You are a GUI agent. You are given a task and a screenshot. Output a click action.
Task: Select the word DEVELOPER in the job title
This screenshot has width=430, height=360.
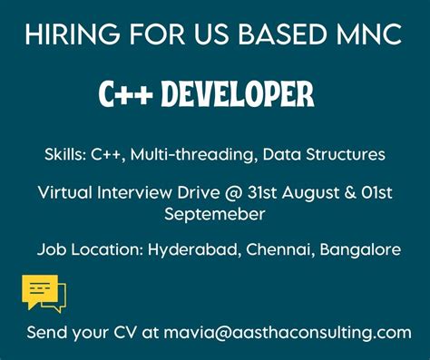pyautogui.click(x=241, y=92)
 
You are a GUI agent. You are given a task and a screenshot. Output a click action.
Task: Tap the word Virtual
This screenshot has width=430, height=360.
pyautogui.click(x=66, y=192)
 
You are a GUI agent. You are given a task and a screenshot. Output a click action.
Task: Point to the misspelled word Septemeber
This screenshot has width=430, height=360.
pyautogui.click(x=214, y=214)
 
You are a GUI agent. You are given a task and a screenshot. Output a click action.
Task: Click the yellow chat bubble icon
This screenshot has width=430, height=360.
pyautogui.click(x=43, y=294)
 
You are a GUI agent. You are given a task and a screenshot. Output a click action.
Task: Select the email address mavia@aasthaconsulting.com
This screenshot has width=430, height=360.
pyautogui.click(x=288, y=332)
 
